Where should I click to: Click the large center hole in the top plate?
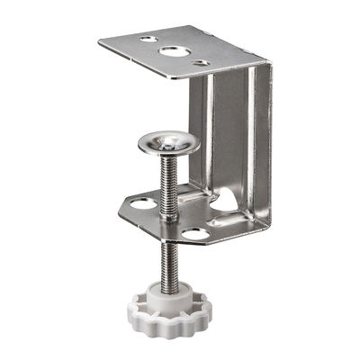[x=175, y=50]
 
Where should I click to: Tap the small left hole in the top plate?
[x=147, y=40]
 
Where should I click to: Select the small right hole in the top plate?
[x=201, y=63]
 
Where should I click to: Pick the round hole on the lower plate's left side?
[x=142, y=204]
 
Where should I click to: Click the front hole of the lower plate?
[x=193, y=233]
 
